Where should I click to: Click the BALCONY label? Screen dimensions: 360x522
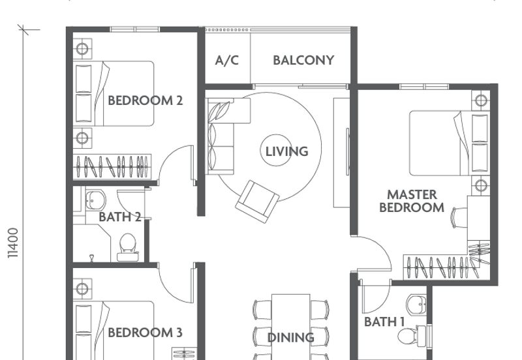(x=303, y=61)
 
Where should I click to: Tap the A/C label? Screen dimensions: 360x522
(x=227, y=61)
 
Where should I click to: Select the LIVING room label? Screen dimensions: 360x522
(x=286, y=151)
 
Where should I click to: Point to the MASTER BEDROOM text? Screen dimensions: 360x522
(x=412, y=201)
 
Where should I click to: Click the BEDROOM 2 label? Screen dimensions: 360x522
(x=145, y=100)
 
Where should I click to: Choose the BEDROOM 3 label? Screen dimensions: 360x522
(x=145, y=333)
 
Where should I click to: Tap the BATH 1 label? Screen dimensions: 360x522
(x=384, y=322)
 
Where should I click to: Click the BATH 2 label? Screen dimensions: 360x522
(x=119, y=217)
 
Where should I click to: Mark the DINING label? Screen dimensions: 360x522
(x=291, y=337)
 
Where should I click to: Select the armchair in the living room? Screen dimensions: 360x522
(x=257, y=199)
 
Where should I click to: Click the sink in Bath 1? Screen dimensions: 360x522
(x=416, y=303)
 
